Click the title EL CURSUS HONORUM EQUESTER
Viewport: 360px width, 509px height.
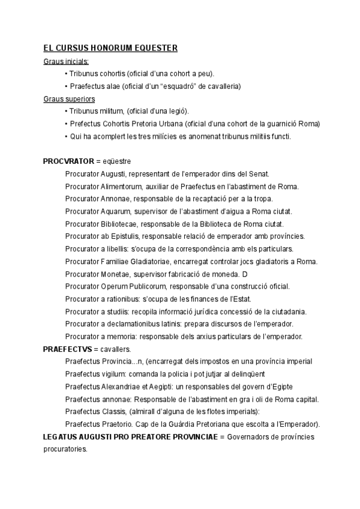click(x=110, y=48)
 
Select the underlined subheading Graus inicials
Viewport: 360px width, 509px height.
click(x=66, y=61)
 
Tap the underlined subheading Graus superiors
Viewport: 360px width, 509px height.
click(x=69, y=98)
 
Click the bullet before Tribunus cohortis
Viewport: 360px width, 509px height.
click(x=65, y=74)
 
